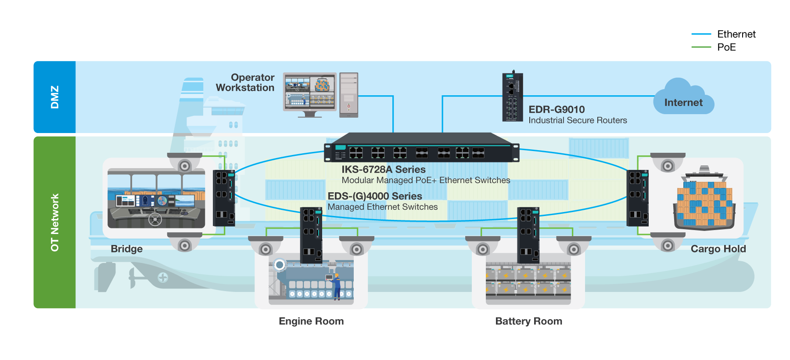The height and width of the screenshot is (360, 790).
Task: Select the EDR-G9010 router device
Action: point(512,97)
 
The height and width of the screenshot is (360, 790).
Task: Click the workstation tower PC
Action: point(349,95)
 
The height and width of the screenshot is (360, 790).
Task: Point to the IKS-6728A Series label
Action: point(383,169)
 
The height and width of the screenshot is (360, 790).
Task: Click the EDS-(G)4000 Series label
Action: point(374,196)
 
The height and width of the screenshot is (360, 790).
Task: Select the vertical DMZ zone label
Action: point(54,97)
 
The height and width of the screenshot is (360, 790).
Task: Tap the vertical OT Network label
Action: point(54,223)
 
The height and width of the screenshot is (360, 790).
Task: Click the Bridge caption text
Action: point(126,249)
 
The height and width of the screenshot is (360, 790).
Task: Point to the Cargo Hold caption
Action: point(718,249)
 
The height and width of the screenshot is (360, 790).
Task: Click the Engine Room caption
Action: point(311,321)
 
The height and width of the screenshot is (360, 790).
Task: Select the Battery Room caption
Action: point(528,321)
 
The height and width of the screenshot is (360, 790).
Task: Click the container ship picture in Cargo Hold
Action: point(704,200)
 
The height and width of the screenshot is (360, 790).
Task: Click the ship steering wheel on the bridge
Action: point(155,219)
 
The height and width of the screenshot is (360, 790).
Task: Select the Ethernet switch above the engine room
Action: point(312,235)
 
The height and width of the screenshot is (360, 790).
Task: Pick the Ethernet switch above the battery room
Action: point(528,235)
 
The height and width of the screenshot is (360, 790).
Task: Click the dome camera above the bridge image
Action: point(185,162)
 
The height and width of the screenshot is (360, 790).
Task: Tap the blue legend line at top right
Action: point(701,34)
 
